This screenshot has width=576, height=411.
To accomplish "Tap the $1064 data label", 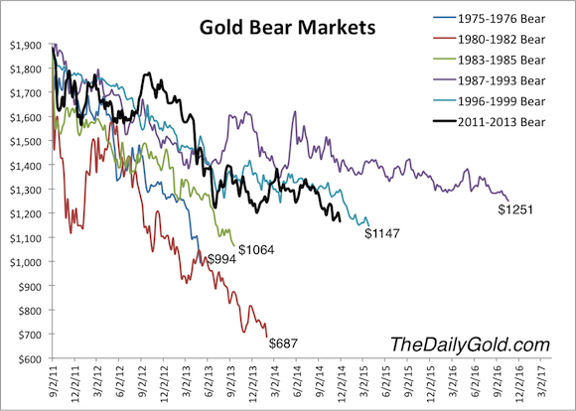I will pos(255,246).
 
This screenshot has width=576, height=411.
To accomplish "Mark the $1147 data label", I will pos(381,234).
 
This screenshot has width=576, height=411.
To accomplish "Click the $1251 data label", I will pos(515,209).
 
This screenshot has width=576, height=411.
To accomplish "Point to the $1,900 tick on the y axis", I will pos(25,45).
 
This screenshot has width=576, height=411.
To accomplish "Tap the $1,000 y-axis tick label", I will pos(25,262).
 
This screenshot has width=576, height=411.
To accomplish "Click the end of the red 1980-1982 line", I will pos(267,336).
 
